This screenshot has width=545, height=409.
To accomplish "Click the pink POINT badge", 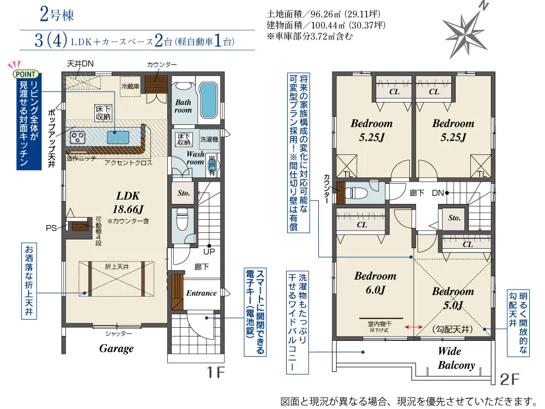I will click(26, 74).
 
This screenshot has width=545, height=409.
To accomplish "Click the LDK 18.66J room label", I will click(128, 201).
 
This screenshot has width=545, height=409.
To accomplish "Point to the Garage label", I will click(116, 348).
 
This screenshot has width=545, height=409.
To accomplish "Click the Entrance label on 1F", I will click(201, 293).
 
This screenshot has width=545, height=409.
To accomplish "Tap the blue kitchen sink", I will click(118, 136).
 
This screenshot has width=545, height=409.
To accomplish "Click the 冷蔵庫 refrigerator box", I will click(131, 86).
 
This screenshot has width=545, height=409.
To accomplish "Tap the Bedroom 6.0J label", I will click(375, 283).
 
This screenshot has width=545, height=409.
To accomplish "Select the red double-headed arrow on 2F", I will click(415, 327).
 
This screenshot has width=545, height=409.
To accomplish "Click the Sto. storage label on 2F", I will click(454, 218).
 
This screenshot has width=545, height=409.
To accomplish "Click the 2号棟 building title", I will click(57, 15).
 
